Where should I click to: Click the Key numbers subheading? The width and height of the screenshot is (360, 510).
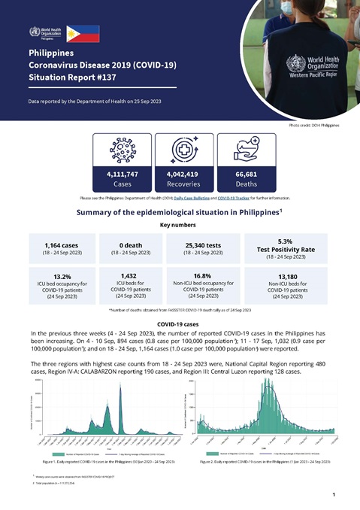tap(180, 224)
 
